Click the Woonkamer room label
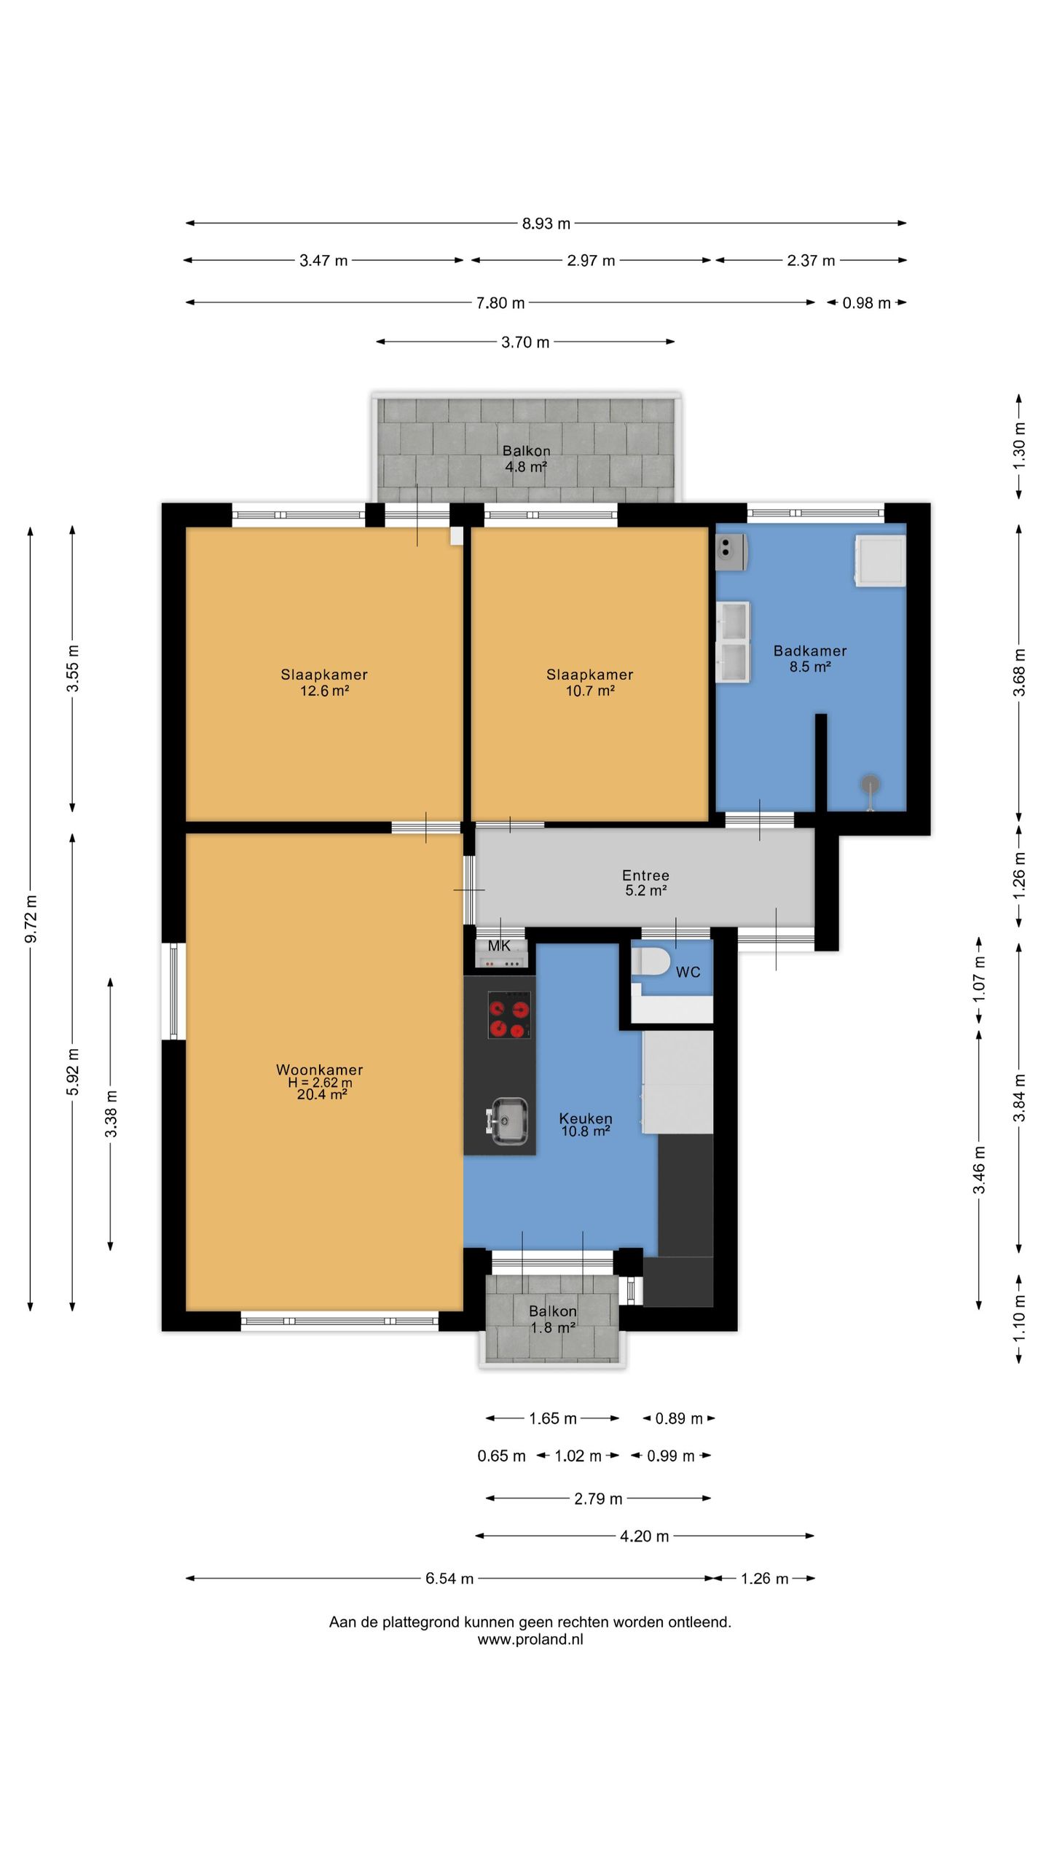click(319, 1069)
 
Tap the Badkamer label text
click(810, 651)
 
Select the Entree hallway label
click(645, 875)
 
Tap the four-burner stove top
click(509, 1015)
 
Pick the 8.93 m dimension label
click(546, 224)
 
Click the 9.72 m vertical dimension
click(31, 919)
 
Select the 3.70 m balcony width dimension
click(525, 342)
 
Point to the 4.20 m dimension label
click(644, 1536)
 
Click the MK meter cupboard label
click(499, 946)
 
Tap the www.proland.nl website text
click(530, 1640)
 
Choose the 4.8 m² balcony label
click(526, 467)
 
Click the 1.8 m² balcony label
click(553, 1327)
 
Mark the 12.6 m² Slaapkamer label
click(324, 691)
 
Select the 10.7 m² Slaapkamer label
click(590, 691)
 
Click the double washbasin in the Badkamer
click(733, 642)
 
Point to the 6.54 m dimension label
click(449, 1579)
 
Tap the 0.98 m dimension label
click(866, 303)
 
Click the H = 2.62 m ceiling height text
click(320, 1083)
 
